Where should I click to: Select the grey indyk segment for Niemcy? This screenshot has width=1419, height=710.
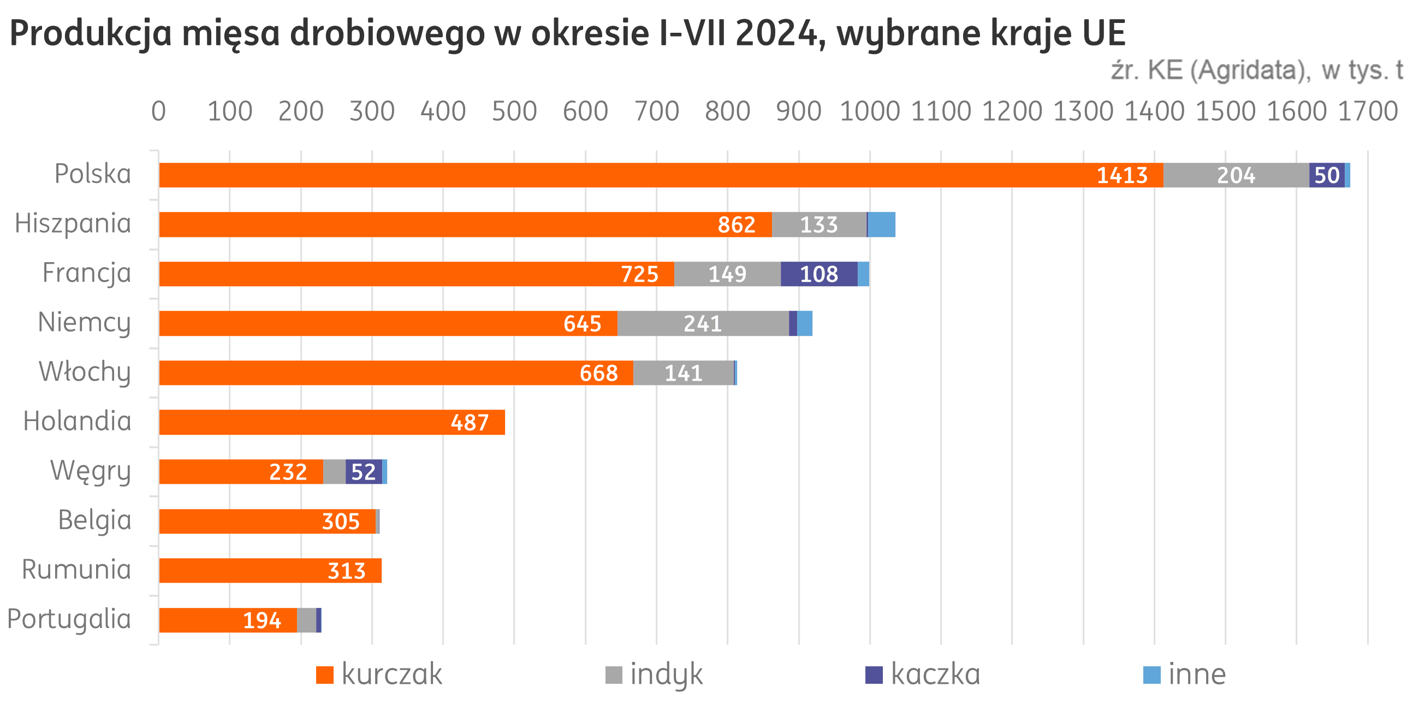pos(703,323)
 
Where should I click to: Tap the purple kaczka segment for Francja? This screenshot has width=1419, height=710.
pos(818,274)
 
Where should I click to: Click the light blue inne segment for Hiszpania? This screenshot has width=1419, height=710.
pos(881,225)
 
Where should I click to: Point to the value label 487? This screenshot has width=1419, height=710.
pos(470,423)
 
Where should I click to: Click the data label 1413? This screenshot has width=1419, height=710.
pos(1122,175)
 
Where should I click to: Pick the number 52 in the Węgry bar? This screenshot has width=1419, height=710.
pos(364,472)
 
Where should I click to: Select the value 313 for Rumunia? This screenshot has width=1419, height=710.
pos(347,571)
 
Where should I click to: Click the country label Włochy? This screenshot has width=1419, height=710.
pos(85,372)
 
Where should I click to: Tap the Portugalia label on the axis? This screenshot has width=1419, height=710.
pos(69,619)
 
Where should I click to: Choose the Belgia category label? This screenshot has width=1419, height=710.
pos(94,520)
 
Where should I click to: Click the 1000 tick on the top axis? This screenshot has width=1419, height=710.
pos(870,111)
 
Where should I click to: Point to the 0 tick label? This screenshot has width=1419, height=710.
pos(159,111)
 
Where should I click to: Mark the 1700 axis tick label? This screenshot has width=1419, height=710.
pos(1367,111)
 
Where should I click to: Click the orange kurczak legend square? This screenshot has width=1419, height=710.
pos(325,674)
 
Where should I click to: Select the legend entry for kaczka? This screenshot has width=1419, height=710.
pos(923,674)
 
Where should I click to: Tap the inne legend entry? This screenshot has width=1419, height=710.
pos(1185,674)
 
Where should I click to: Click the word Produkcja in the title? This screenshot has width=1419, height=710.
pos(91,34)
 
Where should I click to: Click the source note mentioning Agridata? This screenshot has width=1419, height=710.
pos(1256,70)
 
